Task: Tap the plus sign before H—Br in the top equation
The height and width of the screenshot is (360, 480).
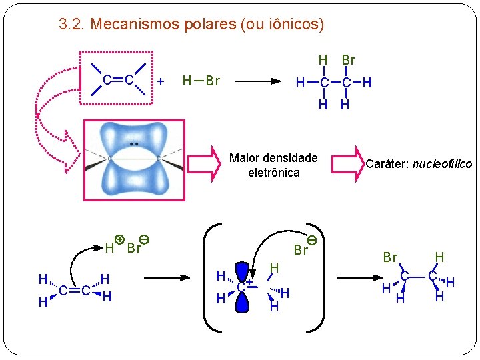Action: coord(161,81)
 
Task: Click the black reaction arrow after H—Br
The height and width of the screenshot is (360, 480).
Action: coord(257,81)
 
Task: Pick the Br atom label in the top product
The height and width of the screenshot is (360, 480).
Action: coord(348,60)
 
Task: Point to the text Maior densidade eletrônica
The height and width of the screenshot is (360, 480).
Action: coord(273,165)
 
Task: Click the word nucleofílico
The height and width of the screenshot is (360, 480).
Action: coord(443,164)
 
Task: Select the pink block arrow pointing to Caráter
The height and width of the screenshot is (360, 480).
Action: coord(346,164)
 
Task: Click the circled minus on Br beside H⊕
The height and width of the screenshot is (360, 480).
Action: coord(144,239)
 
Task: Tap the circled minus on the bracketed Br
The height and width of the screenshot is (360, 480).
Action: coord(311,239)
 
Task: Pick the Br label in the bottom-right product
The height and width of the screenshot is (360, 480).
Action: coord(390,257)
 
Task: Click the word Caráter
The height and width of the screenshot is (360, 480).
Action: coord(388,164)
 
